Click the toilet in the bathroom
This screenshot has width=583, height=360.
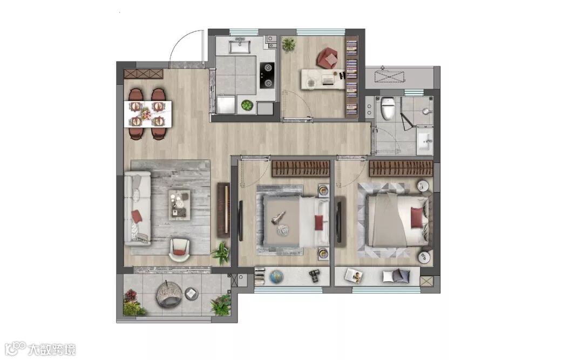(388, 108)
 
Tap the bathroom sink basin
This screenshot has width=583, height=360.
(425, 141)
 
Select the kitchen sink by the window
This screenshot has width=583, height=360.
(240, 46)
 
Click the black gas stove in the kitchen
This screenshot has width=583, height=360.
(267, 76)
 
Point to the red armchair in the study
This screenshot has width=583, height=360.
(327, 58)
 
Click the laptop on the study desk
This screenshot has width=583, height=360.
(328, 79)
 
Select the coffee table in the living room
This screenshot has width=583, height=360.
(179, 203)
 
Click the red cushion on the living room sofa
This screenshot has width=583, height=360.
(137, 216)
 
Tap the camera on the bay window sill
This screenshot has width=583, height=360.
(315, 276)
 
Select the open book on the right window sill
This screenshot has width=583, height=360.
(354, 276)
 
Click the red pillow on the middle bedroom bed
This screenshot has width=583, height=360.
(319, 223)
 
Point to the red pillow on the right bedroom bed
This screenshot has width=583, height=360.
(417, 218)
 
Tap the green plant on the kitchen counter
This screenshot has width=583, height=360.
(247, 105)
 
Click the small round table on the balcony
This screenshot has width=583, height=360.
(191, 294)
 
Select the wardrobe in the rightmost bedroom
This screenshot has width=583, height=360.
(401, 168)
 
